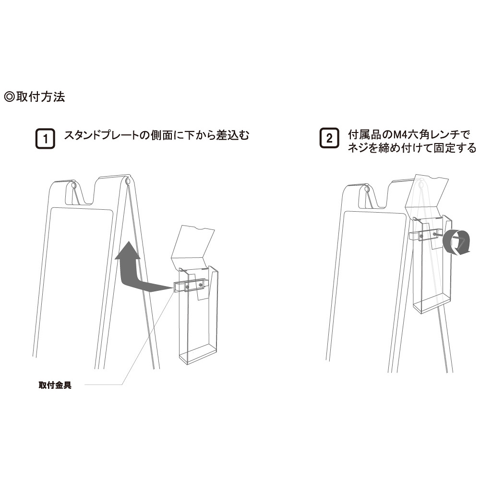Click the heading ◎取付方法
[35, 97]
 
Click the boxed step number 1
[45, 139]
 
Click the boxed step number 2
[329, 138]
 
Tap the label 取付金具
[55, 385]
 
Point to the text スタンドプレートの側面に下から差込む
[156, 135]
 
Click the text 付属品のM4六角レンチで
[409, 134]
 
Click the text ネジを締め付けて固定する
[412, 148]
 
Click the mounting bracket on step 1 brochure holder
[191, 286]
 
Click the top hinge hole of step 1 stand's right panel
[128, 181]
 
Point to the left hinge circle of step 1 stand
[73, 185]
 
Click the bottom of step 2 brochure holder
[432, 302]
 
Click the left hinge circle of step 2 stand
[367, 190]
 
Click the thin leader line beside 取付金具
[129, 338]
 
